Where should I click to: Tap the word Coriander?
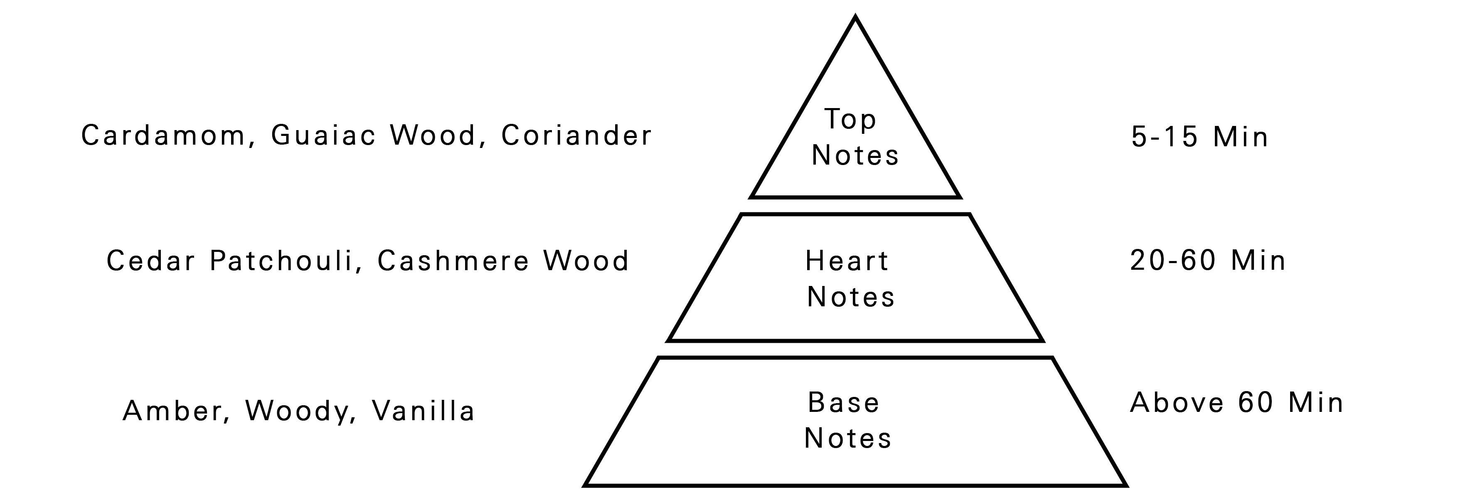[576, 136]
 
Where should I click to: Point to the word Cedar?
[151, 261]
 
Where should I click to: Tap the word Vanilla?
[423, 411]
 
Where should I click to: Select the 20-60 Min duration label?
[1208, 261]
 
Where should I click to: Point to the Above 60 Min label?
[1237, 403]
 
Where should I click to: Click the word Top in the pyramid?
[850, 119]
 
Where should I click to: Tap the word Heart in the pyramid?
[847, 261]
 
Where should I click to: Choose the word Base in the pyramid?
[844, 403]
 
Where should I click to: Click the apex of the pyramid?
[855, 18]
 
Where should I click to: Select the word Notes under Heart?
[851, 297]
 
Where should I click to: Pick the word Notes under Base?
[848, 438]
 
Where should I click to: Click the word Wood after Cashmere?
[586, 261]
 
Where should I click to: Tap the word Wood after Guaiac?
[433, 136]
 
